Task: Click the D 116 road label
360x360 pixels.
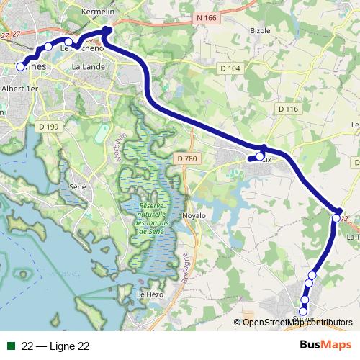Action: point(287,108)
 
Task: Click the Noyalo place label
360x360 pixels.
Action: point(194,215)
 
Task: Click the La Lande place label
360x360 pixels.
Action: point(88,66)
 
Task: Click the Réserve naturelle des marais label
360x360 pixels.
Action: point(150,219)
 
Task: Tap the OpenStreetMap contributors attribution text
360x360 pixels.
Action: point(297,322)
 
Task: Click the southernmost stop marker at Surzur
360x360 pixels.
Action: point(304,310)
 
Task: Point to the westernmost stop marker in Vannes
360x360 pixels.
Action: point(20,66)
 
